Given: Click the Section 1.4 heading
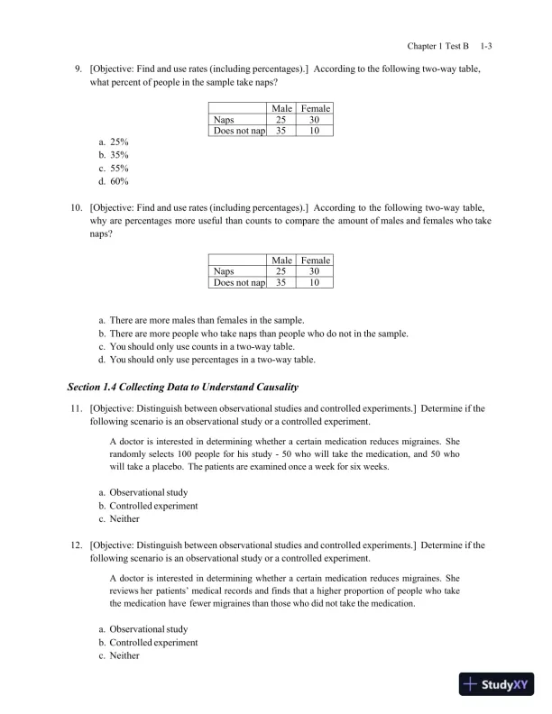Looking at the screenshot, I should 182,387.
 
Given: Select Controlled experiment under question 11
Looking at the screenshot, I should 148,506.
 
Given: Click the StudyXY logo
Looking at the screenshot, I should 495,684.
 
